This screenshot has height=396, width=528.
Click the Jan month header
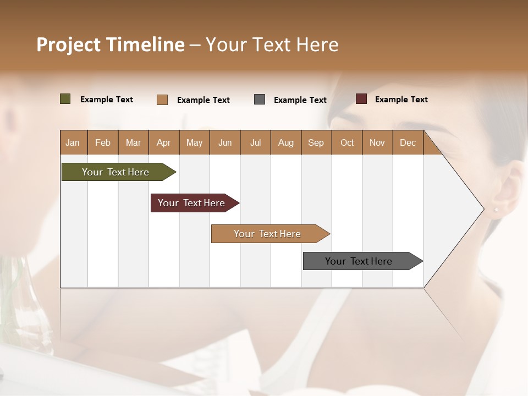73,142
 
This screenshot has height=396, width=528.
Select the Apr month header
164,142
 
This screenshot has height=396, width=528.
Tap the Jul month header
255,142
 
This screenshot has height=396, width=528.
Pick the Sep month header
316,142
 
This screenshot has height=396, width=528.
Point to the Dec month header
408,142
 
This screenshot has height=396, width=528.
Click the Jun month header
225,142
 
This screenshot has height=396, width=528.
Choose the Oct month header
347,142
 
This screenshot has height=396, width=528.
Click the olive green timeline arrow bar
116,172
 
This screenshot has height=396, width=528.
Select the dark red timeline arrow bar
192,203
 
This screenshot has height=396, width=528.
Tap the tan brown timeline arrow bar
268,234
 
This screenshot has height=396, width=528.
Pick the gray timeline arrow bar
359,261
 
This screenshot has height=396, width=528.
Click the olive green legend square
65,99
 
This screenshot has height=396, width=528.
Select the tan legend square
162,100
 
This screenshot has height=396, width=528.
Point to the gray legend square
260,100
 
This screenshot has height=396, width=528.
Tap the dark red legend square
361,99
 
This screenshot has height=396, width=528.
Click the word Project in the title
68,45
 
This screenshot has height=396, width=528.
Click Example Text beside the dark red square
401,100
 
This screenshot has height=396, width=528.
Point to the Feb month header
103,142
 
